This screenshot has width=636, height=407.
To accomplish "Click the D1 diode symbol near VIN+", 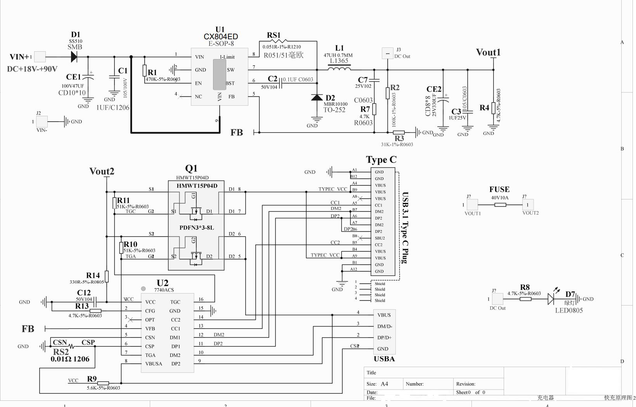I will tap(74, 57).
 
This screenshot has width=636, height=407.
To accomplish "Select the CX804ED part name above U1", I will tap(220, 37).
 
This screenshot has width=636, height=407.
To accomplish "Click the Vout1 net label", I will tap(488, 52).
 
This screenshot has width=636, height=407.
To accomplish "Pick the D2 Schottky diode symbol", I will tap(317, 97).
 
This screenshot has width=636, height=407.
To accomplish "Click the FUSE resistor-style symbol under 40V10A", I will tap(500, 204).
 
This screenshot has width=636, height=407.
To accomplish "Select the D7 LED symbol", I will tap(551, 299).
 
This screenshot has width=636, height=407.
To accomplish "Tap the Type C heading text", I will tap(381, 160).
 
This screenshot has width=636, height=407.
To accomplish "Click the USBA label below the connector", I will tap(384, 359).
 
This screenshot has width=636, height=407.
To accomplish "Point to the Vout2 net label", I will tap(102, 171).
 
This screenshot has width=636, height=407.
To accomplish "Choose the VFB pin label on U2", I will tap(150, 328).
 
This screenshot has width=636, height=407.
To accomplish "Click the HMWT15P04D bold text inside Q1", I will tap(197, 186).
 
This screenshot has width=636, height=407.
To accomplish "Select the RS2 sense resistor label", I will tap(61, 352).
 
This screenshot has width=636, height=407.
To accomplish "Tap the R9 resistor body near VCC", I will tap(103, 383).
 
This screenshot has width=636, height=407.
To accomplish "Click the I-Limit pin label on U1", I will tap(227, 57).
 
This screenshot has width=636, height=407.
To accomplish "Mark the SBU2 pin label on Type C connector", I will tap(380, 238).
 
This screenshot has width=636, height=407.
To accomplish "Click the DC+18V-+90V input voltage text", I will tap(32, 69).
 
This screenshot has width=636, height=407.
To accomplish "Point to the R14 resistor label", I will tap(93, 275).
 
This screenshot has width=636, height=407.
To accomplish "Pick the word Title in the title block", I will tap(371, 372).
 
